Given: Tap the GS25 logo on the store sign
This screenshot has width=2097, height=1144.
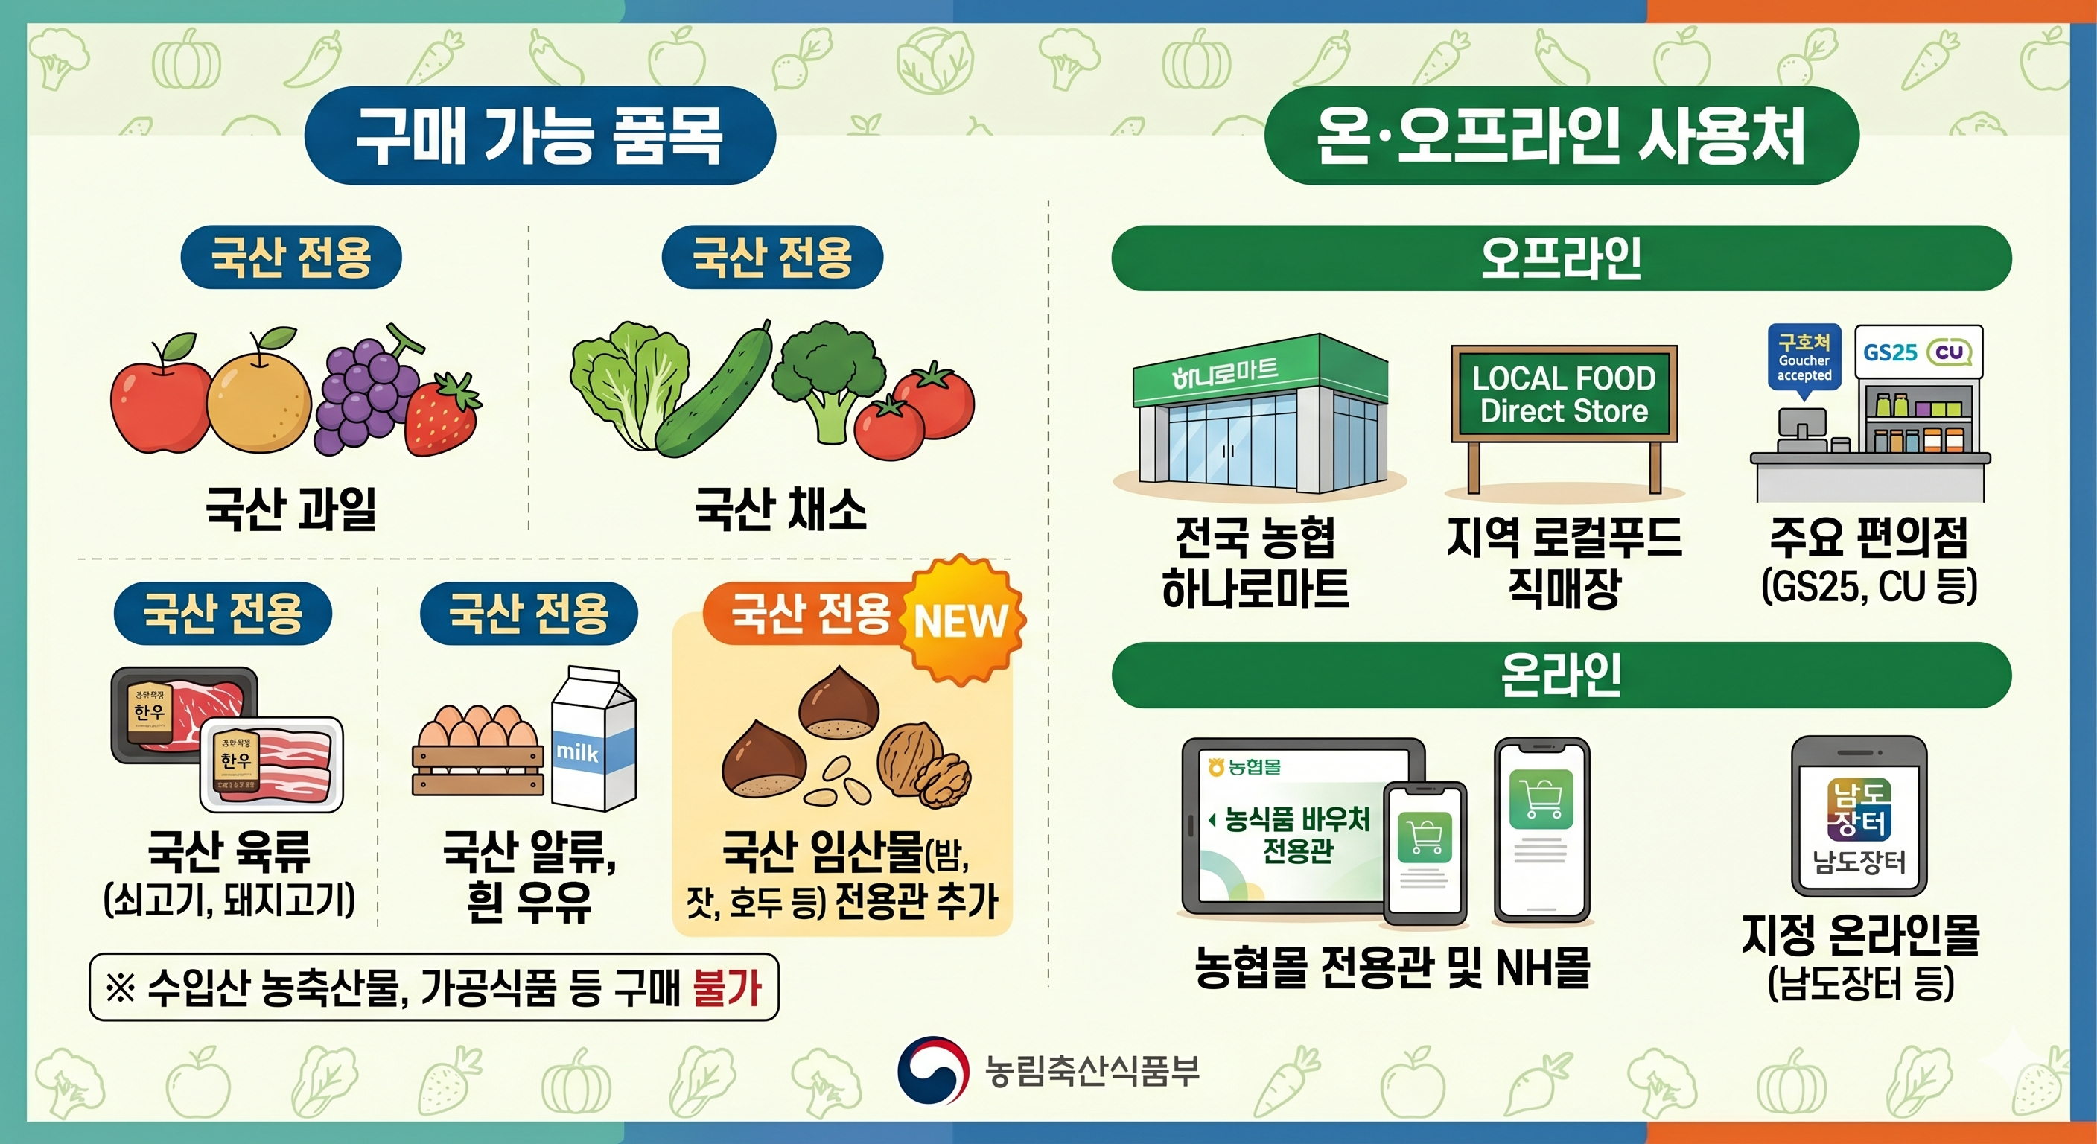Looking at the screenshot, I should click(x=1889, y=352).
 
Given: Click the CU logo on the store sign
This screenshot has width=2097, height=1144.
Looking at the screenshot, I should click(x=1949, y=352).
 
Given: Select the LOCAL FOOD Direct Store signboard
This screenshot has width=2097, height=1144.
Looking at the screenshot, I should click(x=1564, y=394).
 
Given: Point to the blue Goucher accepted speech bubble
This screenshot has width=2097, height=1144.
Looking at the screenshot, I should click(x=1804, y=359).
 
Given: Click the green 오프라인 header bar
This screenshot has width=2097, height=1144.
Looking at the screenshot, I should click(x=1561, y=258).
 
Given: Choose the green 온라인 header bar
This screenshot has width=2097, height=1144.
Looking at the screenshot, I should click(x=1561, y=675).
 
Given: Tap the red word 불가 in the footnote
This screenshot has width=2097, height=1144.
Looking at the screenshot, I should click(x=726, y=988).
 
